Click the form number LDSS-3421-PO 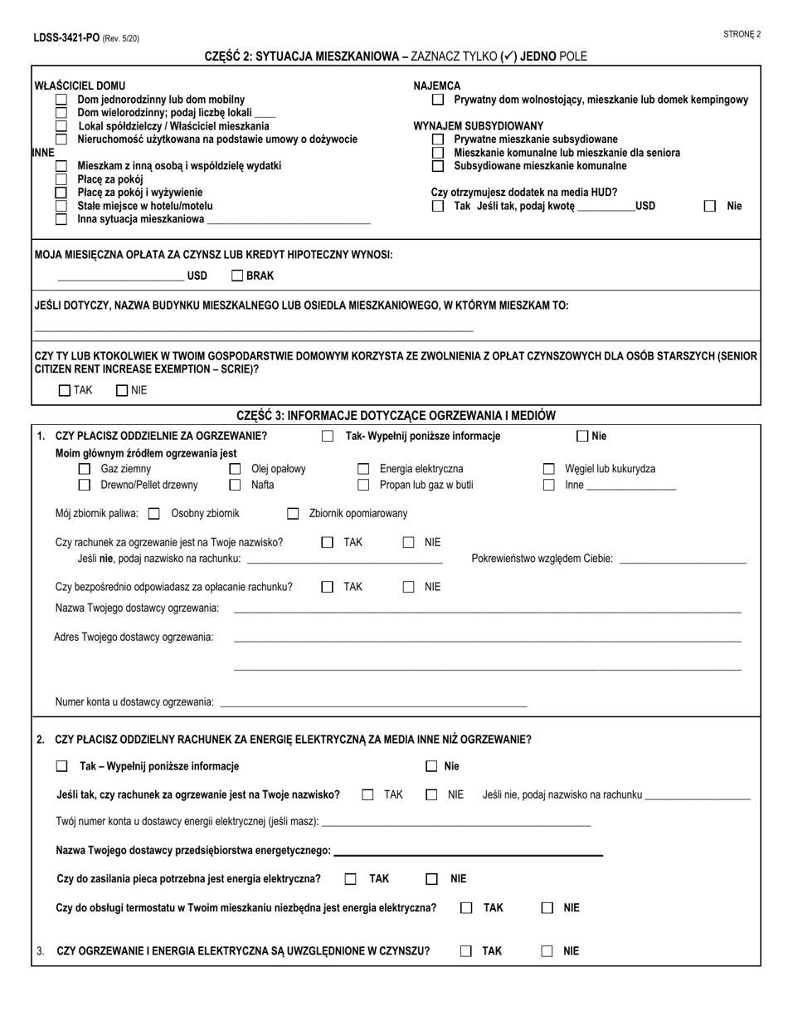tap(66, 38)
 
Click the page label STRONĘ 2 tap(742, 34)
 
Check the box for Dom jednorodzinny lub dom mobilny tap(61, 100)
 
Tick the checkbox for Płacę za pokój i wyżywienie tap(61, 193)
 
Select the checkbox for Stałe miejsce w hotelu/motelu tap(61, 206)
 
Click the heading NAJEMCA tap(437, 85)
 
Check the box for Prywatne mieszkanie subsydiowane tap(438, 139)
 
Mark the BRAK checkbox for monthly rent tap(237, 276)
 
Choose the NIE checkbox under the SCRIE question tap(122, 390)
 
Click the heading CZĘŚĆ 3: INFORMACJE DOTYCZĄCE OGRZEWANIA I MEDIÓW tap(396, 415)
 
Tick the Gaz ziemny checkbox tap(84, 469)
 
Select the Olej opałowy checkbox tap(235, 469)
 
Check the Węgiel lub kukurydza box tap(548, 469)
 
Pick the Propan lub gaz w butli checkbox tap(362, 486)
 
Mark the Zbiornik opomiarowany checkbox tap(292, 514)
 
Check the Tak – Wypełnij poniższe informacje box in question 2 tap(61, 767)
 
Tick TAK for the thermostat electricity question tap(467, 908)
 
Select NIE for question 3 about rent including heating tap(547, 952)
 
